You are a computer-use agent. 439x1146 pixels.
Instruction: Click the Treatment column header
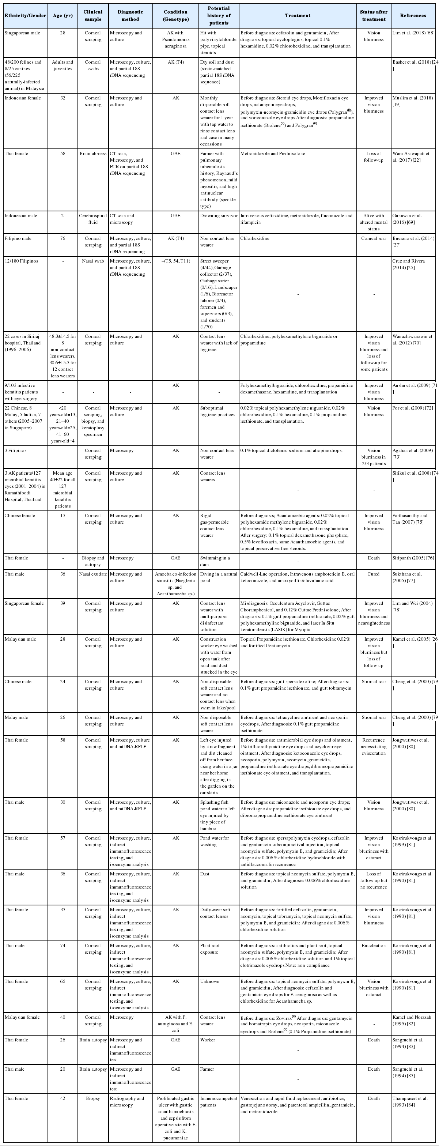click(298, 16)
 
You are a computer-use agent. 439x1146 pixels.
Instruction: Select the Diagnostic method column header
click(130, 16)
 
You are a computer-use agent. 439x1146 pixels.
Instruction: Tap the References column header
click(413, 16)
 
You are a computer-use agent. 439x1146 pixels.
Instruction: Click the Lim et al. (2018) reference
click(413, 33)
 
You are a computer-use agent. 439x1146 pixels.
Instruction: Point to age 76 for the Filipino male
click(63, 238)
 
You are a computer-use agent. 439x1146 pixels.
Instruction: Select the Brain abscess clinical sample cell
click(93, 154)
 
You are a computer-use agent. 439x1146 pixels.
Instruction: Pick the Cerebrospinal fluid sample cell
click(93, 219)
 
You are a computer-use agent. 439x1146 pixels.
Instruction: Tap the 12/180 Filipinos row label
click(21, 261)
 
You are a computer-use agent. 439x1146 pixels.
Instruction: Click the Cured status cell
click(374, 574)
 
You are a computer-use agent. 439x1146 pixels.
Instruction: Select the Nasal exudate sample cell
click(93, 574)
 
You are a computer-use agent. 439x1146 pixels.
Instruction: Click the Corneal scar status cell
click(374, 238)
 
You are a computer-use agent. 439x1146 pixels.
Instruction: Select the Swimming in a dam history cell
click(215, 561)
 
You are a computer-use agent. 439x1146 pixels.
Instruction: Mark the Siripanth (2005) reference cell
click(413, 558)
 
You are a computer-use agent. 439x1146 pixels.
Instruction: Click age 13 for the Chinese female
click(63, 516)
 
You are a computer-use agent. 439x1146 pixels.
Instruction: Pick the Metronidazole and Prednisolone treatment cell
click(273, 154)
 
